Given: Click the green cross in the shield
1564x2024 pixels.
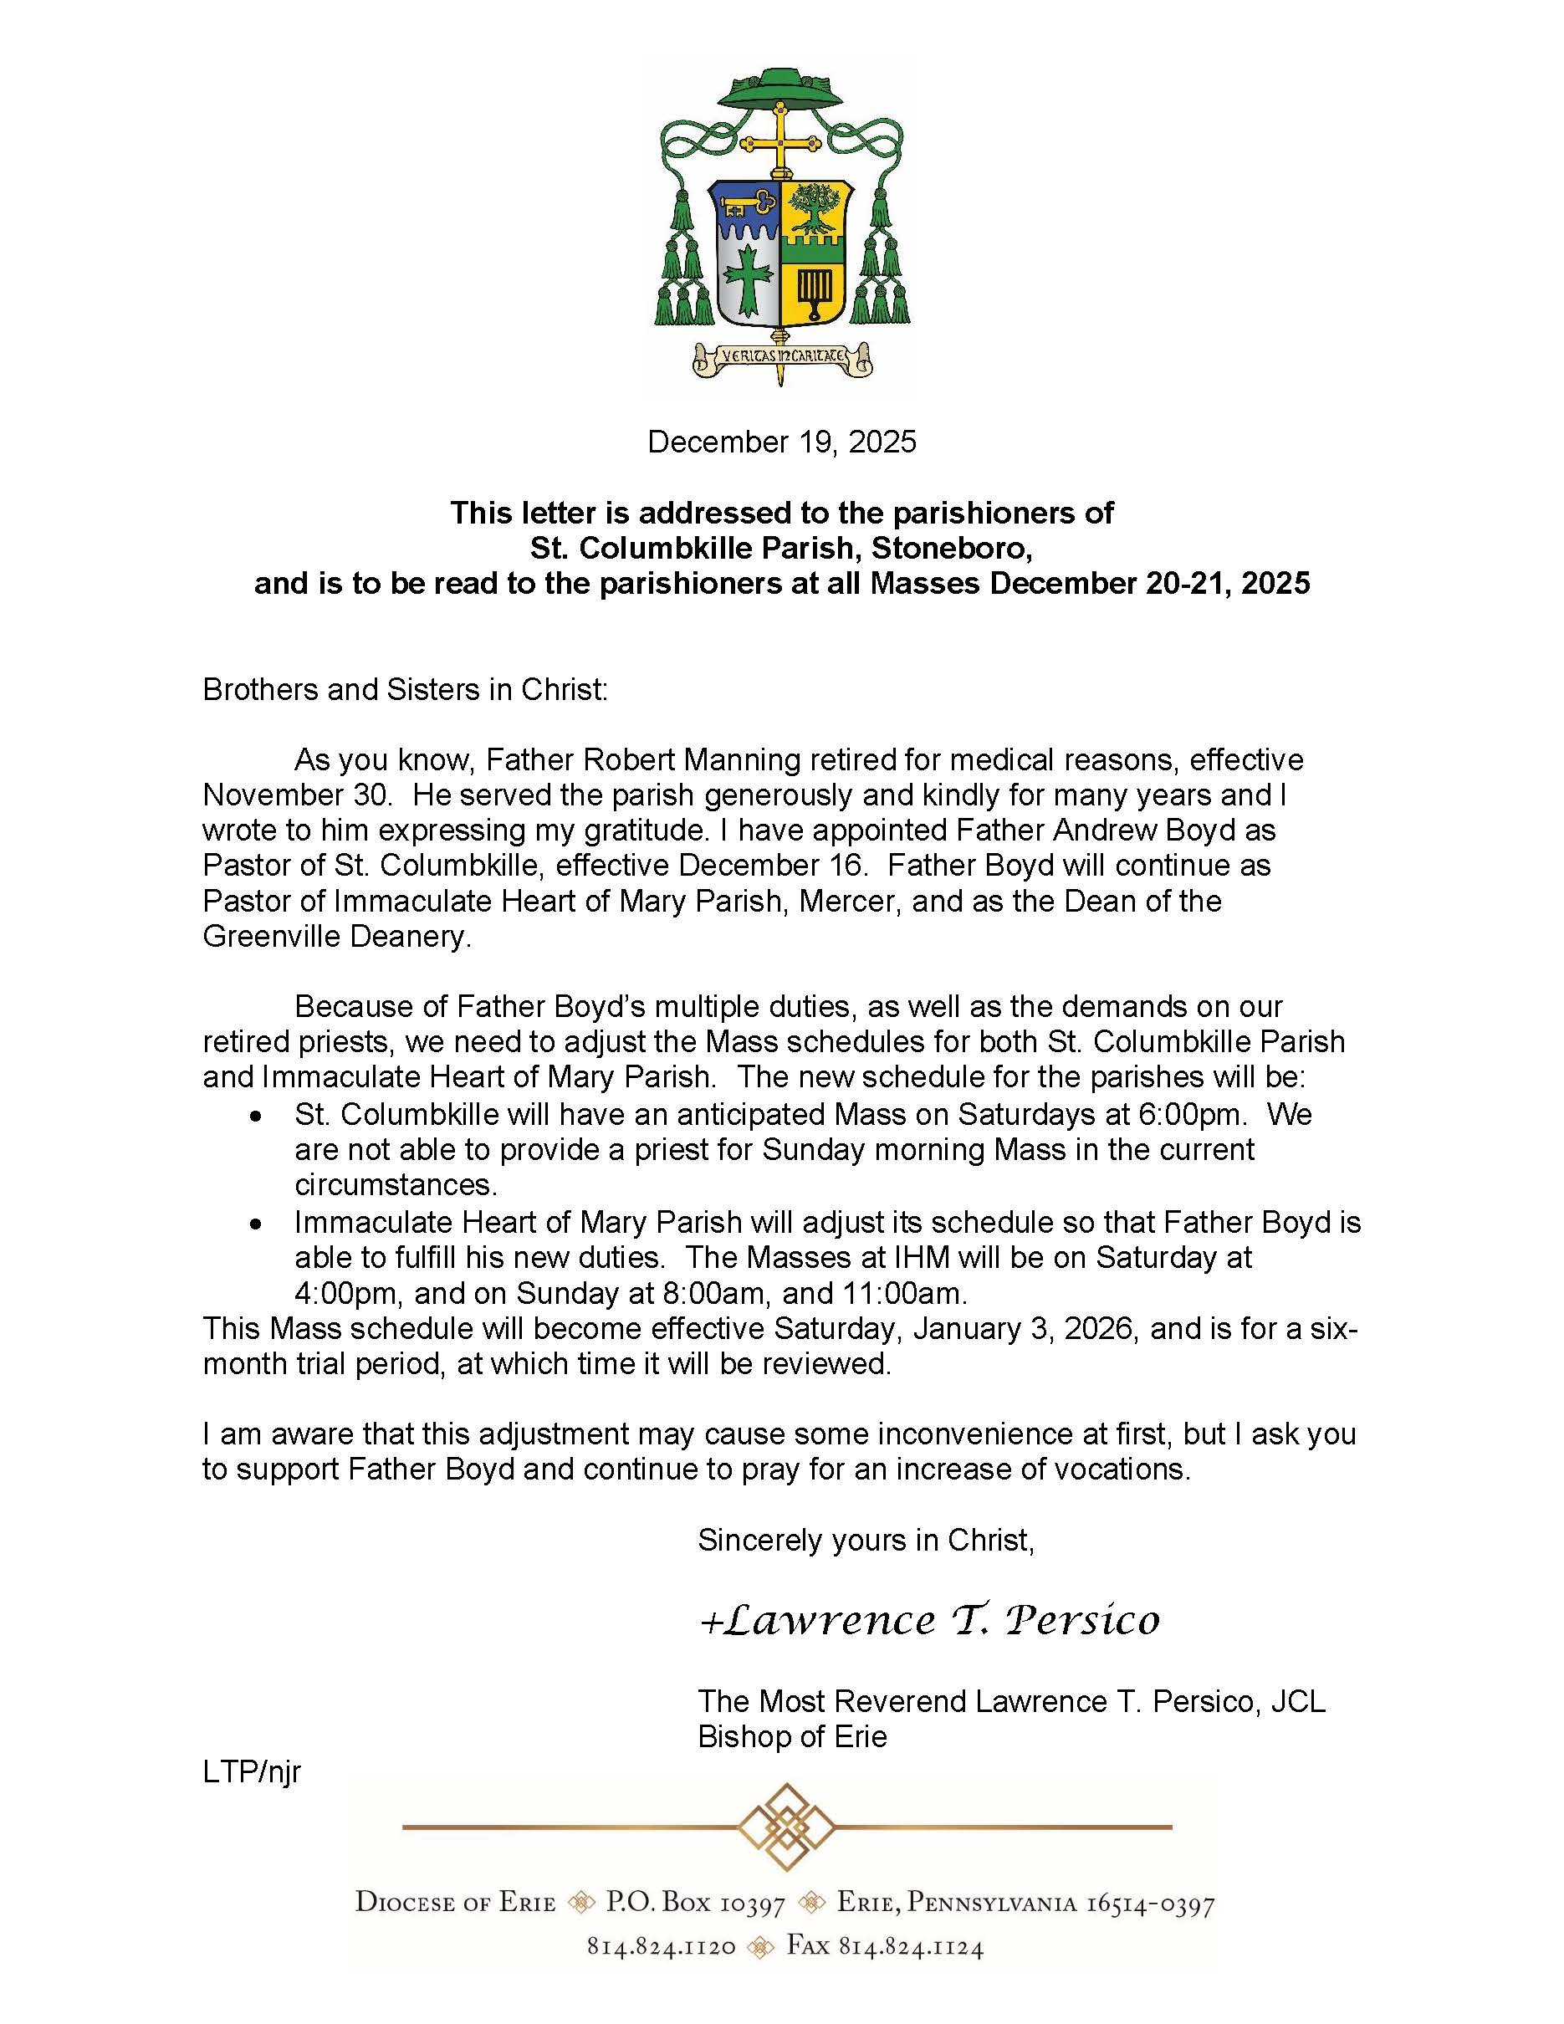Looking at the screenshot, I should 747,278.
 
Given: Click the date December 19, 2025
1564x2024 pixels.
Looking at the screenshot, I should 781,442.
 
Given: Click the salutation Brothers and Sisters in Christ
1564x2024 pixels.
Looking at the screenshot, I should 405,689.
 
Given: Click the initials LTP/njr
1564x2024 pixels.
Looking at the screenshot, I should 252,1772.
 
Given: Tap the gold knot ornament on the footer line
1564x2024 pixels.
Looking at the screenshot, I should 787,1827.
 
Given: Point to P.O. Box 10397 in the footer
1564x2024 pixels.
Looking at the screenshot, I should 695,1904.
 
